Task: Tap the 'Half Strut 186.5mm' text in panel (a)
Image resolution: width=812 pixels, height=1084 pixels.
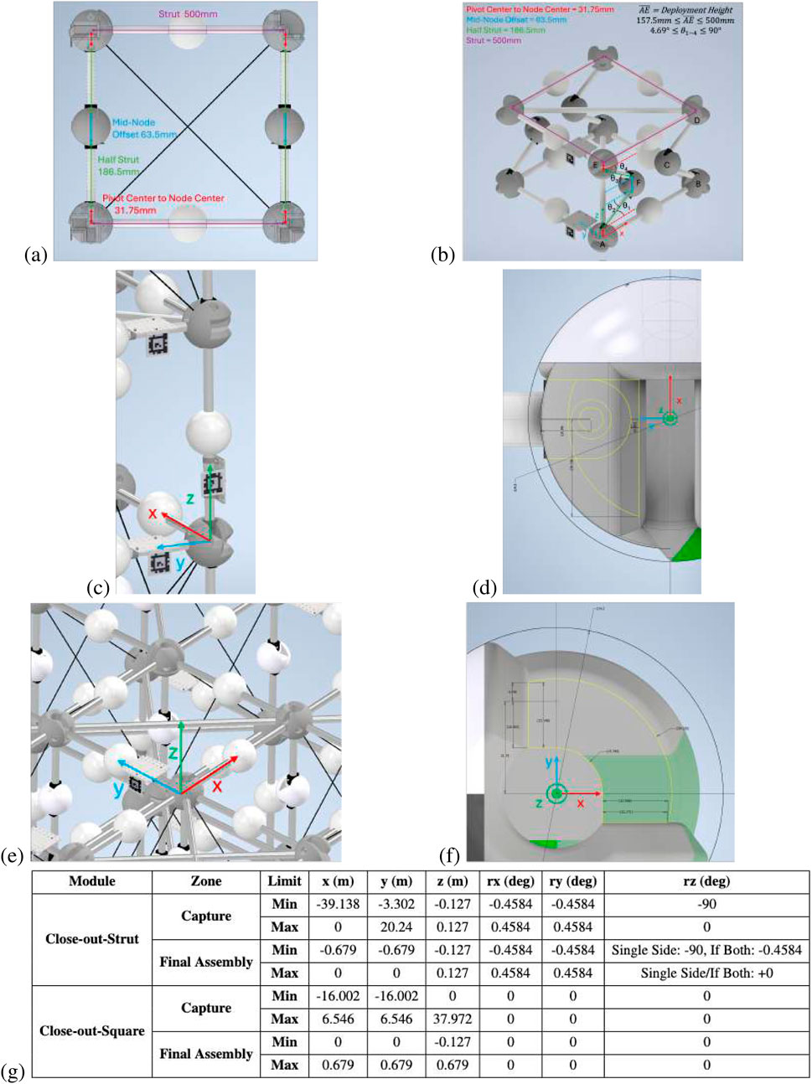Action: point(117,165)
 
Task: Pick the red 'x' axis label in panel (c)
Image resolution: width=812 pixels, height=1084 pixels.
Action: point(153,513)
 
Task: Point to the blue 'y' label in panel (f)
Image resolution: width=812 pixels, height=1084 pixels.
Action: point(547,761)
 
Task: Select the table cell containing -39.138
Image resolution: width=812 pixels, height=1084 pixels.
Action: point(337,904)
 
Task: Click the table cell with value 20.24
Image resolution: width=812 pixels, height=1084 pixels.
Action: point(396,927)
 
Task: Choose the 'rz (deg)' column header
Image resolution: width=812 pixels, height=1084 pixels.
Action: point(706,880)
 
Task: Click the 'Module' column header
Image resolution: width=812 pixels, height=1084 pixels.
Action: point(92,880)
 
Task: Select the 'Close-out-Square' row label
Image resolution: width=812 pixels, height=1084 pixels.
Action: point(92,1030)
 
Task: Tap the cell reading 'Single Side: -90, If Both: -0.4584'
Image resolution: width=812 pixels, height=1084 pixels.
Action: point(706,950)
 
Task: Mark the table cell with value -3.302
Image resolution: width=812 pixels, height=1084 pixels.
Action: point(396,904)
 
